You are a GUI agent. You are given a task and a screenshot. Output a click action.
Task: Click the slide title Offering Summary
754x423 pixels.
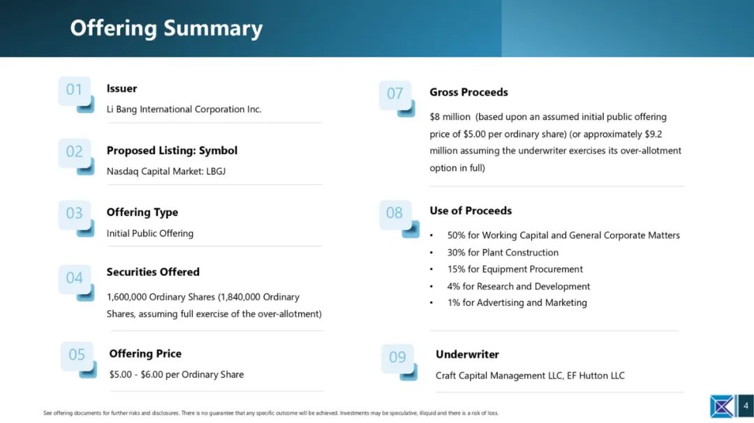[166, 29]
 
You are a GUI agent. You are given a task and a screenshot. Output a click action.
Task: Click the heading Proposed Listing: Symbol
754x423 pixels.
[172, 151]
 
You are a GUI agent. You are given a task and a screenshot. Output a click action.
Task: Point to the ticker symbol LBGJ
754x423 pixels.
[216, 171]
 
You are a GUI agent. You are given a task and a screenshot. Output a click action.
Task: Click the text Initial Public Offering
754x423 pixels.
[150, 233]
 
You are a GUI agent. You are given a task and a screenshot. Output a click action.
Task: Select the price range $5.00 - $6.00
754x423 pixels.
[136, 374]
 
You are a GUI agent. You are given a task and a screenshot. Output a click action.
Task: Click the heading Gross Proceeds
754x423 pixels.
[469, 92]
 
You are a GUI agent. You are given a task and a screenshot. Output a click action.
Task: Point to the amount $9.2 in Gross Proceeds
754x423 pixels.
[653, 134]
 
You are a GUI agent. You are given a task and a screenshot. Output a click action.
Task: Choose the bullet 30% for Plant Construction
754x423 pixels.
[503, 252]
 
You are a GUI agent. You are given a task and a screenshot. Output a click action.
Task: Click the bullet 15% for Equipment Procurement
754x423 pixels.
[515, 270]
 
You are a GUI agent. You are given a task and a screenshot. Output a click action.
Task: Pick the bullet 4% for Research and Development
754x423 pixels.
[518, 286]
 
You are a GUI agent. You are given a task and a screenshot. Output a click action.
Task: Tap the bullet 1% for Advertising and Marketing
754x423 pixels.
[517, 303]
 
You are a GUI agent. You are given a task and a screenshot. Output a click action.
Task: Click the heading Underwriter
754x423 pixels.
[467, 354]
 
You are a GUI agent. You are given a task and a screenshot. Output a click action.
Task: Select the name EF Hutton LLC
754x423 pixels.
[596, 376]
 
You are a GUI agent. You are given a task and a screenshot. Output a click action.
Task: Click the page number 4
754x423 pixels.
[746, 406]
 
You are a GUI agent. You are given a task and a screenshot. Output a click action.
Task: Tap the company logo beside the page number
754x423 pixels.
[723, 406]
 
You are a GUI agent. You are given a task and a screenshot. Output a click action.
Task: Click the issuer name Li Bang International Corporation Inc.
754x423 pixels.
[184, 109]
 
